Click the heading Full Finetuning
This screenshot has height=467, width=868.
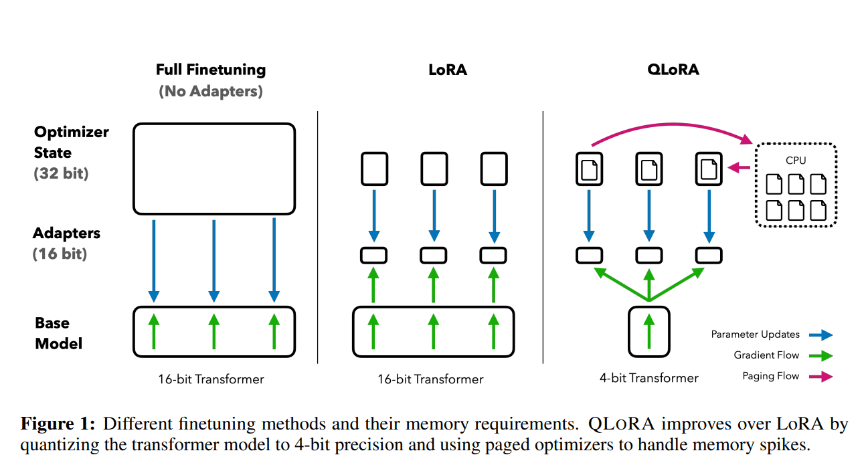click(x=211, y=70)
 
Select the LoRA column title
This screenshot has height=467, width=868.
click(x=448, y=70)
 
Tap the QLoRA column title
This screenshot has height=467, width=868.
click(x=673, y=70)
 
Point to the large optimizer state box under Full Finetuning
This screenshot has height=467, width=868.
click(x=214, y=168)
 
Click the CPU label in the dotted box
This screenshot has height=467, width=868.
click(x=796, y=161)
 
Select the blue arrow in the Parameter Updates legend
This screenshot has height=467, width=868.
click(x=821, y=335)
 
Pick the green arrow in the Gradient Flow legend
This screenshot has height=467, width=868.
click(x=821, y=355)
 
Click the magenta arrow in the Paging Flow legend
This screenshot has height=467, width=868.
click(x=821, y=377)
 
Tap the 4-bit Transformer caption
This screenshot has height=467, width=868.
click(x=649, y=378)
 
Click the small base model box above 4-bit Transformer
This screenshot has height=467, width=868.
click(x=648, y=331)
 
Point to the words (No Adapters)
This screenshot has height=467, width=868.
click(x=211, y=92)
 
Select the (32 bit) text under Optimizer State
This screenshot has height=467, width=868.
click(x=61, y=174)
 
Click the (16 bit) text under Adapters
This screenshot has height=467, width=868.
click(x=60, y=254)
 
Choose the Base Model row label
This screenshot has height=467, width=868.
click(x=59, y=333)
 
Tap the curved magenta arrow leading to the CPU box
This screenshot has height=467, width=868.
click(x=669, y=125)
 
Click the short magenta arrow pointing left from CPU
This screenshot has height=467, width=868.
click(x=739, y=168)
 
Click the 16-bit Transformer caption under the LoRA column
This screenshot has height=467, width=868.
click(x=430, y=379)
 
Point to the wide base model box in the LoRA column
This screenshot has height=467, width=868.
click(x=434, y=331)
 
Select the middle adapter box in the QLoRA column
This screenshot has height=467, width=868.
click(x=648, y=255)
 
